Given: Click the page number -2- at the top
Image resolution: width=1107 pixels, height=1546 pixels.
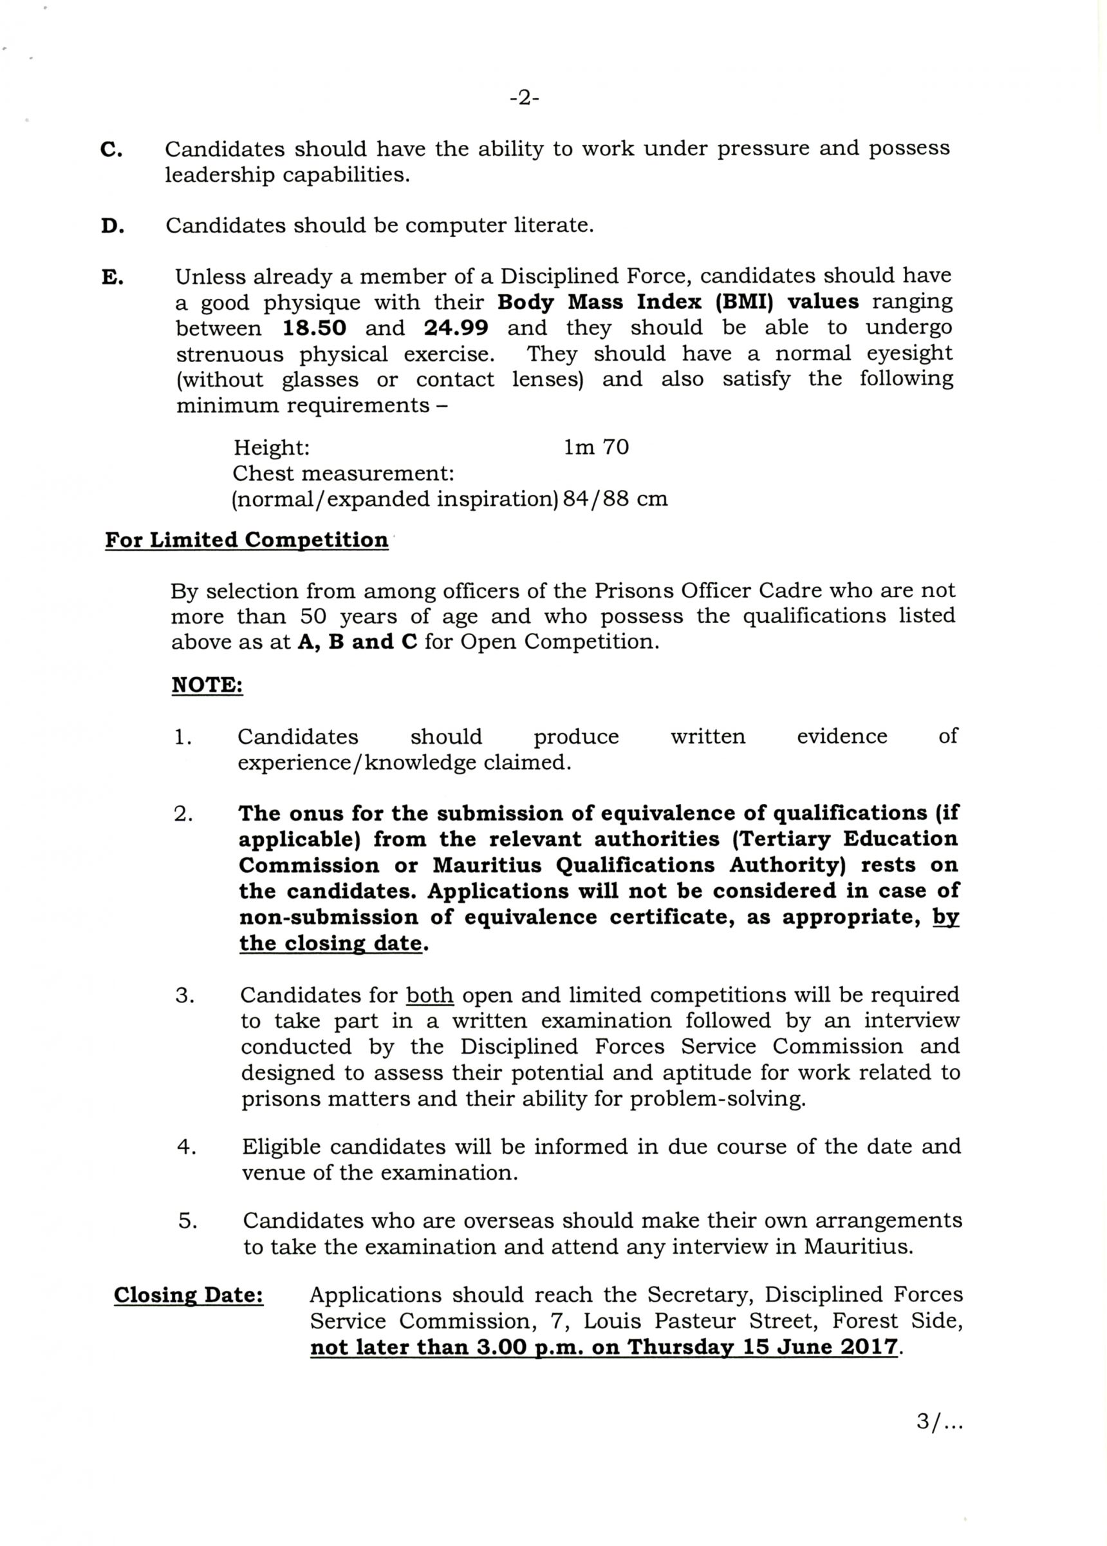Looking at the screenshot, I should pyautogui.click(x=524, y=99).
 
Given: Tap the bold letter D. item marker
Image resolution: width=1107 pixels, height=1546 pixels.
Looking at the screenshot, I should pyautogui.click(x=113, y=226).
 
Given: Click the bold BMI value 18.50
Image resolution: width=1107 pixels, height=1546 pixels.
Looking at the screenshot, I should pyautogui.click(x=314, y=329).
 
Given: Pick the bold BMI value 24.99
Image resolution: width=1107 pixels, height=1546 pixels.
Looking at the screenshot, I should pyautogui.click(x=456, y=329).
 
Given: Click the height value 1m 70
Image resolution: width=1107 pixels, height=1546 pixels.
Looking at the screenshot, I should pyautogui.click(x=596, y=448).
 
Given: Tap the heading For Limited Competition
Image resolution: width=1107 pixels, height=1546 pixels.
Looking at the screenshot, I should pyautogui.click(x=247, y=540).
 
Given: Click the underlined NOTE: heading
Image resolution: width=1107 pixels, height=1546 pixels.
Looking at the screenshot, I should pyautogui.click(x=207, y=685).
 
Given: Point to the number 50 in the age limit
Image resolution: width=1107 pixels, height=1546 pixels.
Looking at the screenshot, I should pyautogui.click(x=313, y=616).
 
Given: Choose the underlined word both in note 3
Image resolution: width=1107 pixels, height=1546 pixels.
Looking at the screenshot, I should pyautogui.click(x=430, y=995).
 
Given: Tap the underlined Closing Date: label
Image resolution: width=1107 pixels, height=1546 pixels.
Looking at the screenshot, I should pyautogui.click(x=189, y=1295).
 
